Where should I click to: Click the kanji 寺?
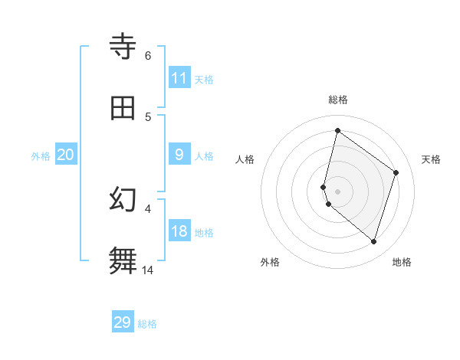[x=123, y=47]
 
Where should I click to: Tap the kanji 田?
[x=123, y=108]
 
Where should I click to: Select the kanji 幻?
[x=123, y=198]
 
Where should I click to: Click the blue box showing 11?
[x=179, y=78]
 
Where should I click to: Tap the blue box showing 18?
[x=179, y=232]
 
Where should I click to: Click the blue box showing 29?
[x=123, y=322]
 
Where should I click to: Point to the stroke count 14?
[x=147, y=270]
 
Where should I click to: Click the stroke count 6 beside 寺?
[x=147, y=56]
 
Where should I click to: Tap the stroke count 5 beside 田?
[x=147, y=117]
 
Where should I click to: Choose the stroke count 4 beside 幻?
[x=147, y=208]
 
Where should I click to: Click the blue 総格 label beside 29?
[x=147, y=324]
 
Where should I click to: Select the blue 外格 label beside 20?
[x=41, y=156]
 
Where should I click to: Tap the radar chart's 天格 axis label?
[x=431, y=159]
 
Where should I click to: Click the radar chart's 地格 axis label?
[x=402, y=262]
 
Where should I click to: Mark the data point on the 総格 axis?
[x=337, y=131]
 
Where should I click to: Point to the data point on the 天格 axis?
[x=396, y=172]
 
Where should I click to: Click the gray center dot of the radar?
[x=337, y=191]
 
